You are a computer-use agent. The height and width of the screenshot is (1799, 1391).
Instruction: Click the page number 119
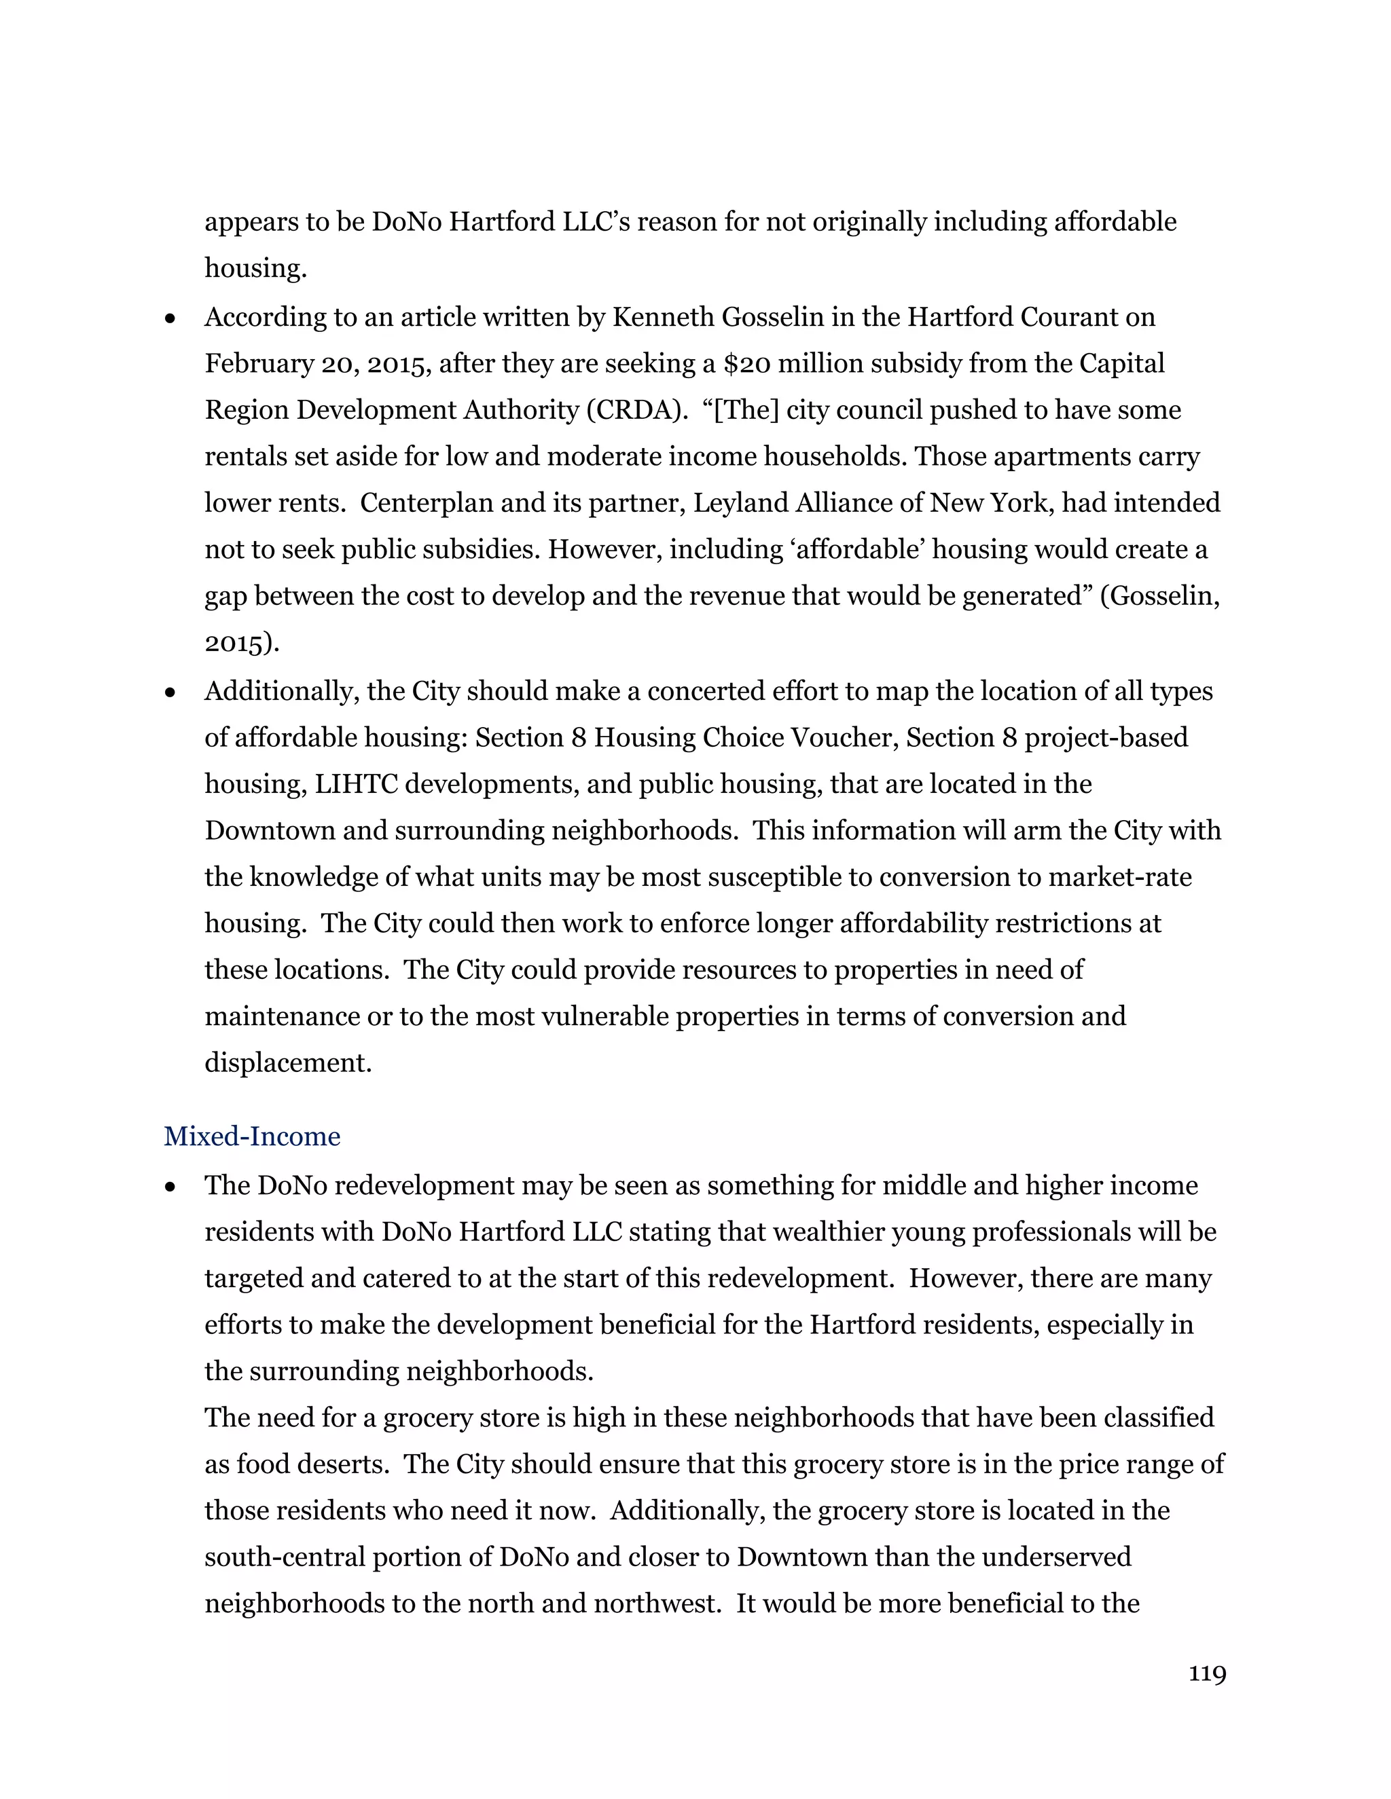(1206, 1674)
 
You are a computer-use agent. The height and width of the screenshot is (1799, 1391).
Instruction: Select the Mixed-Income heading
(251, 1136)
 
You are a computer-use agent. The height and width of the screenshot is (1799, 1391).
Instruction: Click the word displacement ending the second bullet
(287, 1062)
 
